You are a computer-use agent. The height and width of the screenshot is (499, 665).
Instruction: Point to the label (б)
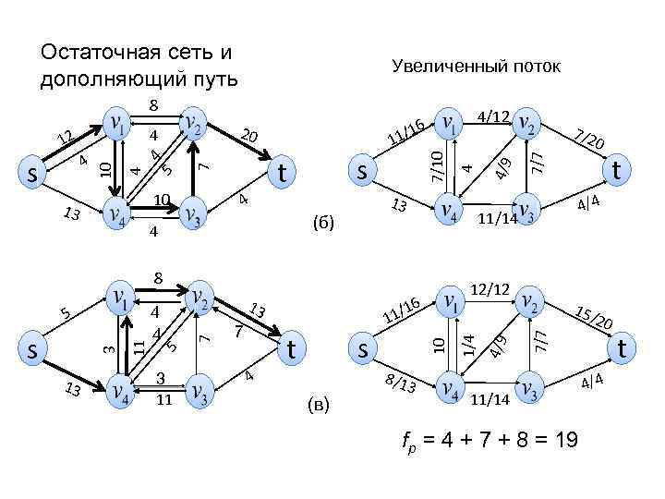322,223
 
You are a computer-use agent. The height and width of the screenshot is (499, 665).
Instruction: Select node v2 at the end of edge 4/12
527,126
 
